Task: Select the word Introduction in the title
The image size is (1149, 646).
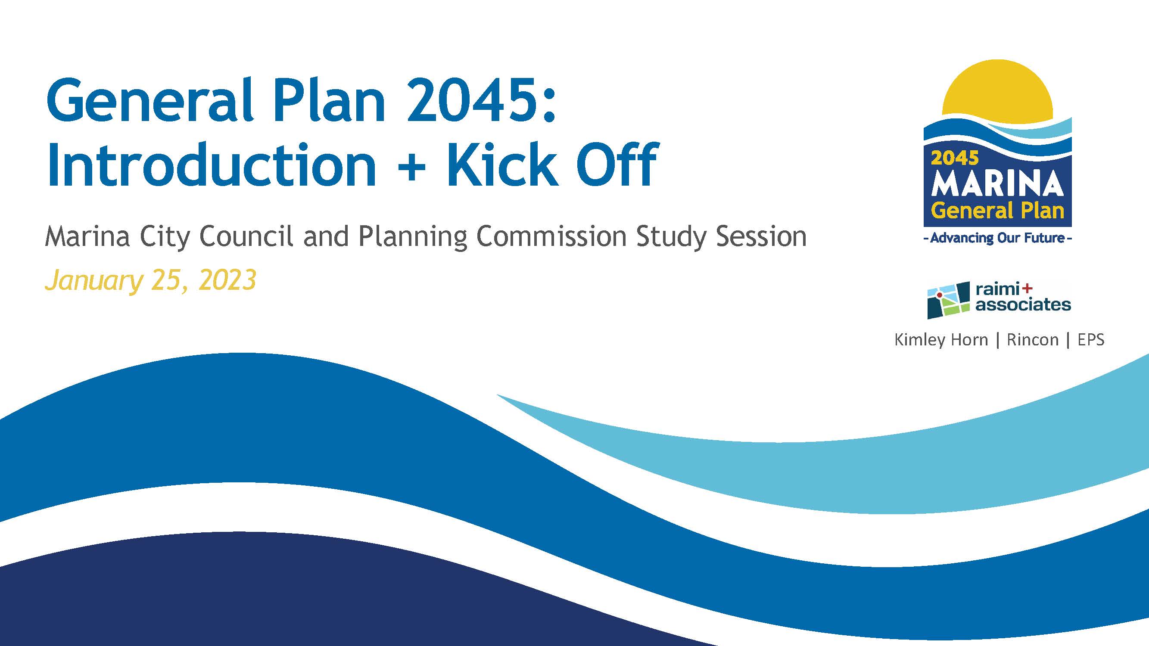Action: click(212, 165)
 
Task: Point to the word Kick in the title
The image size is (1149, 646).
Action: click(502, 165)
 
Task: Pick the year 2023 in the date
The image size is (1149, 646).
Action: click(227, 280)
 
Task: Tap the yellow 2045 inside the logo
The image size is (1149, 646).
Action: click(955, 158)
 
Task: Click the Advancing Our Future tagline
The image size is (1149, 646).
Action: click(997, 238)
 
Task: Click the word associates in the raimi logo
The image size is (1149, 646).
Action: click(1023, 305)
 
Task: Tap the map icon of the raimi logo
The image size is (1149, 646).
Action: click(948, 300)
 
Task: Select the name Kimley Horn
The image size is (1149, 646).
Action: click(941, 340)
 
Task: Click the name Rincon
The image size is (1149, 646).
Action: click(1033, 340)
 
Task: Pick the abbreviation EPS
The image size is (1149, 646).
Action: click(1091, 340)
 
